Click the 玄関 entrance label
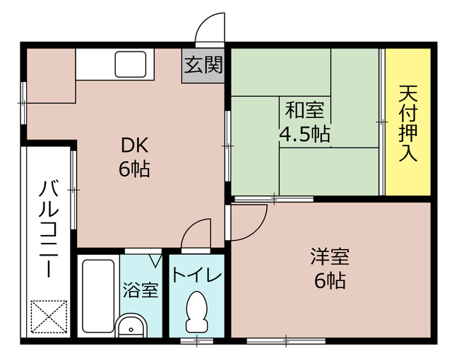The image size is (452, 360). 203,66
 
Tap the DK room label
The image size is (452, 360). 133,145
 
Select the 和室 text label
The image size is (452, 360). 304,111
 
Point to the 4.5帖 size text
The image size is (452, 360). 304,133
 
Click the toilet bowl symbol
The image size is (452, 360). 197,311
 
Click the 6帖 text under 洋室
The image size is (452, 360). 330,280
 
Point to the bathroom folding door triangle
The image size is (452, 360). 154,260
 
